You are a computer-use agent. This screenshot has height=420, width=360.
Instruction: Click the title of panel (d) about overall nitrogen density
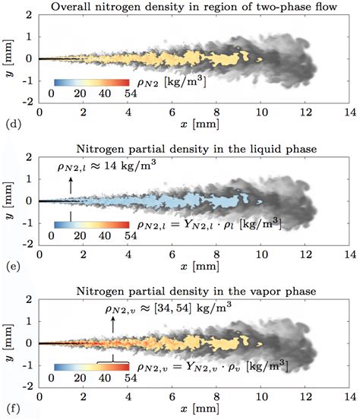tap(188, 8)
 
